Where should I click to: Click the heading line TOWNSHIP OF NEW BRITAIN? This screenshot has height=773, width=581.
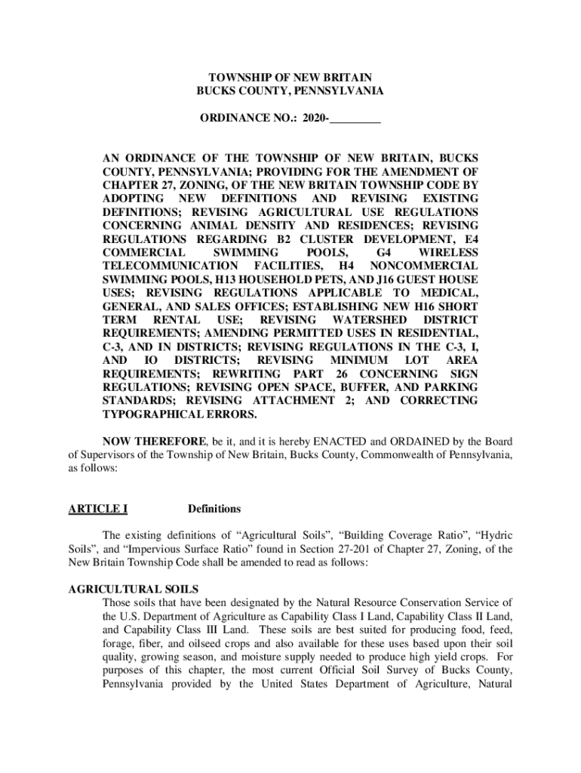pos(290,77)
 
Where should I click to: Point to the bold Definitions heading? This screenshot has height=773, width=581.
pos(214,509)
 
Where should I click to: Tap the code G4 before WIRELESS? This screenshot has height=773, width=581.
pos(384,251)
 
